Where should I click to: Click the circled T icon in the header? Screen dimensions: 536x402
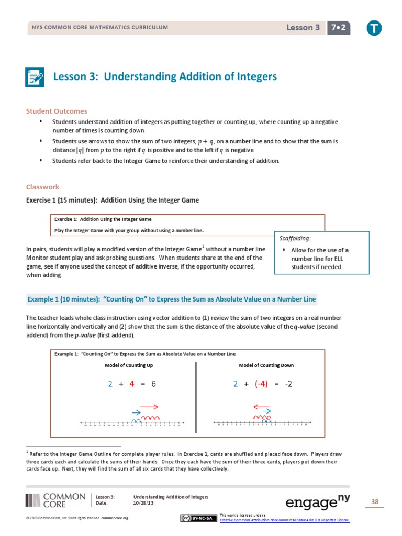pyautogui.click(x=374, y=28)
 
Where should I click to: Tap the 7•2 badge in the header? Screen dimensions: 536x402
pyautogui.click(x=338, y=28)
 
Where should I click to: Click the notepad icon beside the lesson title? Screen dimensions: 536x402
pyautogui.click(x=36, y=77)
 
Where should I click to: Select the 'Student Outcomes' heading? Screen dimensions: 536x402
pyautogui.click(x=57, y=111)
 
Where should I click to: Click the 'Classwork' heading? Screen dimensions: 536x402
pyautogui.click(x=43, y=187)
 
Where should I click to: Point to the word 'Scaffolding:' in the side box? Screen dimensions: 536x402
pyautogui.click(x=295, y=238)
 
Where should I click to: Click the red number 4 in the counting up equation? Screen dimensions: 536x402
pyautogui.click(x=132, y=384)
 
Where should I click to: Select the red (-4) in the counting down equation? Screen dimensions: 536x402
pyautogui.click(x=261, y=384)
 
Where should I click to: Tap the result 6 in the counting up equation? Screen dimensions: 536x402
pyautogui.click(x=154, y=384)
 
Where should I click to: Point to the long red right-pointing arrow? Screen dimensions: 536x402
pyautogui.click(x=149, y=406)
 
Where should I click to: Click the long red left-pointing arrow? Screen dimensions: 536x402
pyautogui.click(x=261, y=406)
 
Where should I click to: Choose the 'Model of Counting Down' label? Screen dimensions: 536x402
pyautogui.click(x=266, y=365)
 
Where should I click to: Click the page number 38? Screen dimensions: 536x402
pyautogui.click(x=374, y=502)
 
